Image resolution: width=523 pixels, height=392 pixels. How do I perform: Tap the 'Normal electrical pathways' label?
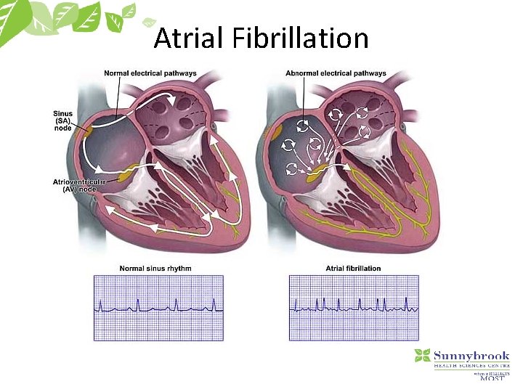[150, 73]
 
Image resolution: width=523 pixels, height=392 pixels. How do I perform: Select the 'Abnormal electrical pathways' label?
[336, 73]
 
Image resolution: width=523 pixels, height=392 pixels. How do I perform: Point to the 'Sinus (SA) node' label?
[63, 121]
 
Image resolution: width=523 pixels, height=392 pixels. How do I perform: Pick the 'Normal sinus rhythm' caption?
[155, 269]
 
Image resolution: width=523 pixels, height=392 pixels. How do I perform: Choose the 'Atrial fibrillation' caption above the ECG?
[353, 269]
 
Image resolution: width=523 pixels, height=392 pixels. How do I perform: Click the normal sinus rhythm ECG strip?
[158, 308]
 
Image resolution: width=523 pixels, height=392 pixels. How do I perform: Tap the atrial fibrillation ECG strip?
[354, 308]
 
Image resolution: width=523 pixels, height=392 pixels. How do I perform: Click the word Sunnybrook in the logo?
[471, 356]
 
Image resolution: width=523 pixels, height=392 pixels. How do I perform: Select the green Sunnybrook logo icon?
[422, 356]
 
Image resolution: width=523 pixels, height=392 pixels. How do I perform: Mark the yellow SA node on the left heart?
[88, 131]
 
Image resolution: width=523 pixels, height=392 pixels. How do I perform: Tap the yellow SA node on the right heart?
[276, 131]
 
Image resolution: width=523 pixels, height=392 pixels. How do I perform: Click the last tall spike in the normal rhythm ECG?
[214, 302]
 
